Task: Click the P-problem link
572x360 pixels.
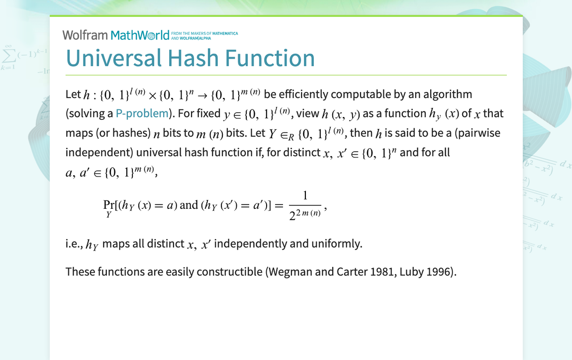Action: [x=142, y=113]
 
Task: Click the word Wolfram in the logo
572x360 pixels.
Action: [x=85, y=35]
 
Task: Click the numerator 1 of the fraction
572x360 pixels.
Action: [x=305, y=196]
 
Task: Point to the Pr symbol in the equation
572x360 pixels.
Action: [x=108, y=205]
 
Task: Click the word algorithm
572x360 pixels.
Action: [x=445, y=94]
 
